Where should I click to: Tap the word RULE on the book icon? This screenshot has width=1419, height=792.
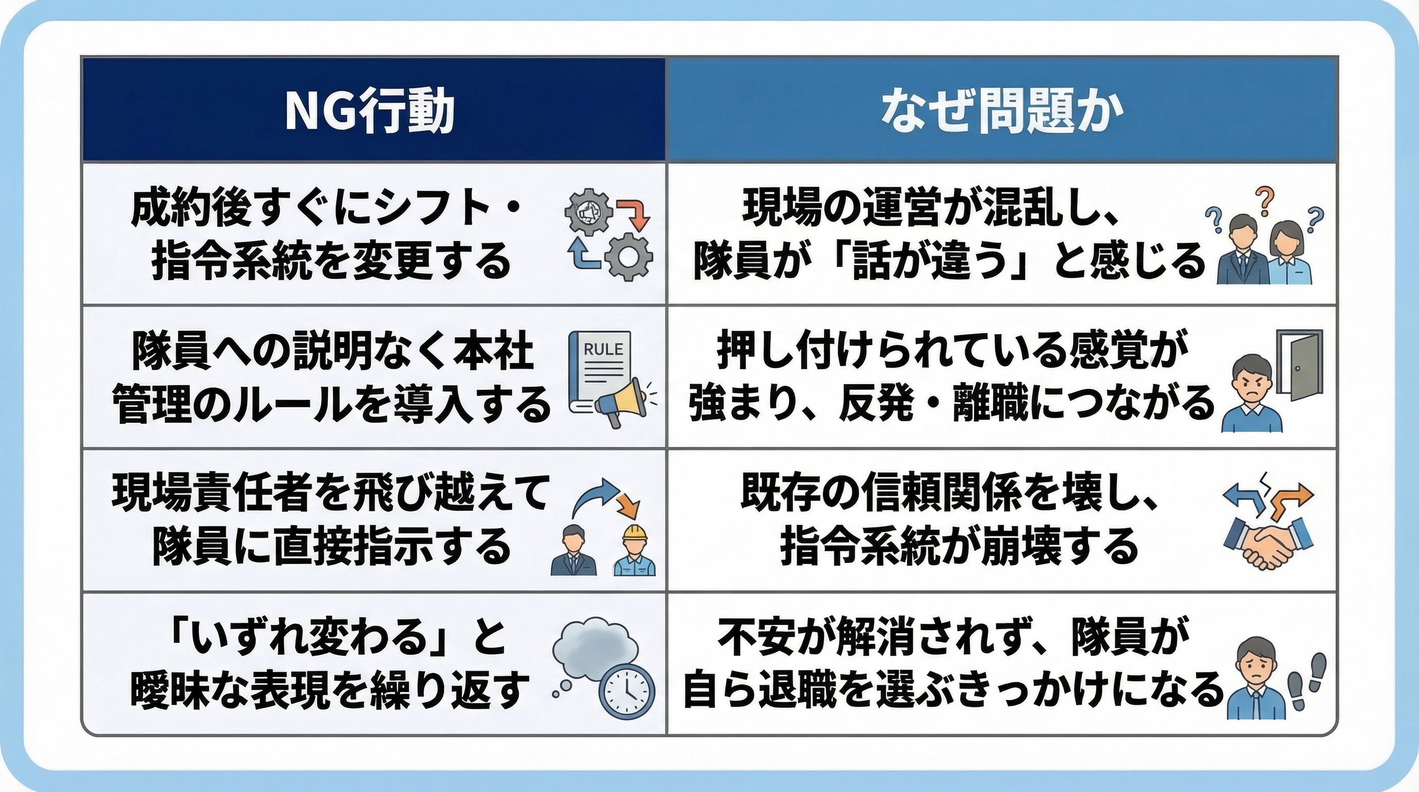click(603, 349)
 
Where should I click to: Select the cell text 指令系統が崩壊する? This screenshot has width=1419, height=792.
click(959, 547)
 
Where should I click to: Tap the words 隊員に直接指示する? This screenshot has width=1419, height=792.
click(332, 547)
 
